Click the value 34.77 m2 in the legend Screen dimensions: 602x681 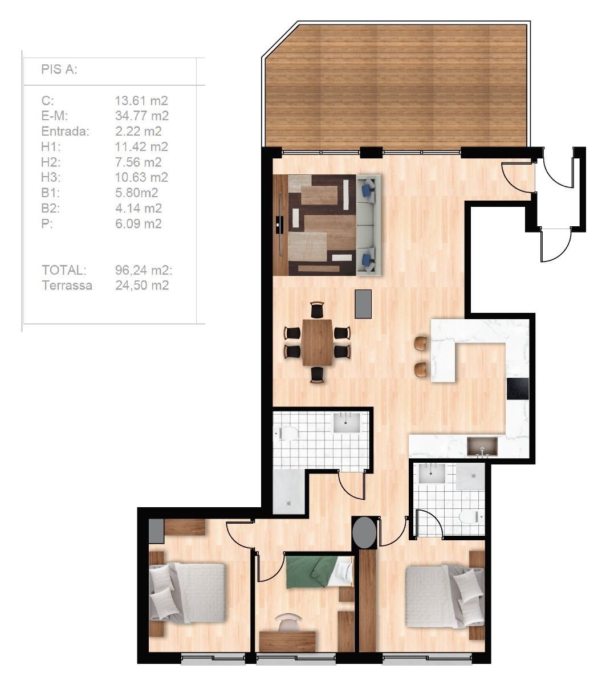point(141,116)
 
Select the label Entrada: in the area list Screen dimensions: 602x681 point(65,131)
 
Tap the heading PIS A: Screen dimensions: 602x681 point(59,70)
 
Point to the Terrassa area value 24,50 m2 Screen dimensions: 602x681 point(141,286)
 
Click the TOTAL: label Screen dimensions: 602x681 point(64,270)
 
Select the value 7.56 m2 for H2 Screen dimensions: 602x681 point(138,162)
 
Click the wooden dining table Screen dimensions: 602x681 point(317,342)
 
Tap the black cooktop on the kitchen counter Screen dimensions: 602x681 point(518,388)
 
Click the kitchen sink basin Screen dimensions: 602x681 point(482,446)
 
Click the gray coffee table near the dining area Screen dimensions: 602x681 point(363,304)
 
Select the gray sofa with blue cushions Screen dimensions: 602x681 point(368,225)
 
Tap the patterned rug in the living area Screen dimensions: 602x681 point(322,225)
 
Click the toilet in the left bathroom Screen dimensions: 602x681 point(287,433)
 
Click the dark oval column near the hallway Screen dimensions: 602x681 point(364,533)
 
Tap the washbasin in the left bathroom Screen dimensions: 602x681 point(347,423)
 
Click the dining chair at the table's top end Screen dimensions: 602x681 point(317,310)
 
